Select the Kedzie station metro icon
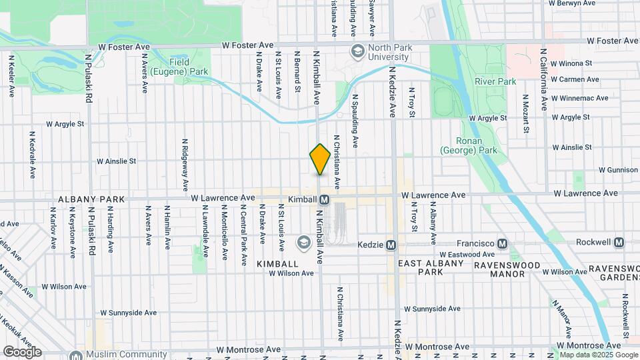pyautogui.click(x=391, y=245)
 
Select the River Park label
pyautogui.click(x=495, y=81)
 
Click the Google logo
pyautogui.click(x=22, y=351)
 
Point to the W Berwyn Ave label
pyautogui.click(x=571, y=3)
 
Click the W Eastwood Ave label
pyautogui.click(x=467, y=254)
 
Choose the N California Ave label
pyautogui.click(x=544, y=79)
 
